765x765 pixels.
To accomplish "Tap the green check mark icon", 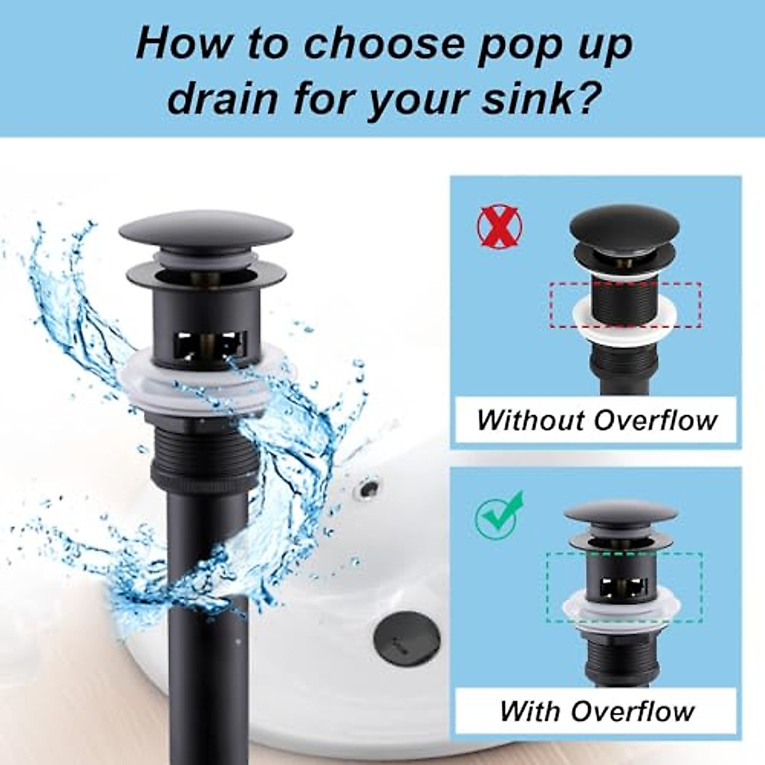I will (x=499, y=514).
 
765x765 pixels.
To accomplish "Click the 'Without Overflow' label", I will (x=596, y=420).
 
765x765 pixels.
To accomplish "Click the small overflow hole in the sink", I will (x=368, y=490).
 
